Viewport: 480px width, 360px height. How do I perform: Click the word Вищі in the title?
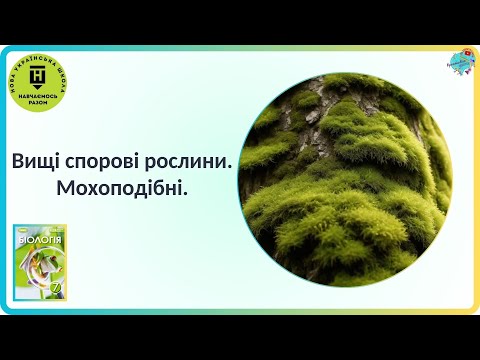click(36, 161)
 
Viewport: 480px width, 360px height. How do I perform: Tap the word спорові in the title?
click(102, 161)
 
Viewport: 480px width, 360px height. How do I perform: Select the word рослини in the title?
click(186, 161)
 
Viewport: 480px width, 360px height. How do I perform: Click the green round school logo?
click(39, 80)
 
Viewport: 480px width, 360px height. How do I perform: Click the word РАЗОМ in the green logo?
click(39, 100)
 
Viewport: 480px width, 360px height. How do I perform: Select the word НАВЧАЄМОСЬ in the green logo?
click(39, 92)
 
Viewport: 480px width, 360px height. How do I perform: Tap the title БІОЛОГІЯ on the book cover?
click(40, 241)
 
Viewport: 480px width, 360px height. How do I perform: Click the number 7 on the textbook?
click(57, 290)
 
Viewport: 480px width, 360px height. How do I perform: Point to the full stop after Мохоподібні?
click(185, 192)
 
